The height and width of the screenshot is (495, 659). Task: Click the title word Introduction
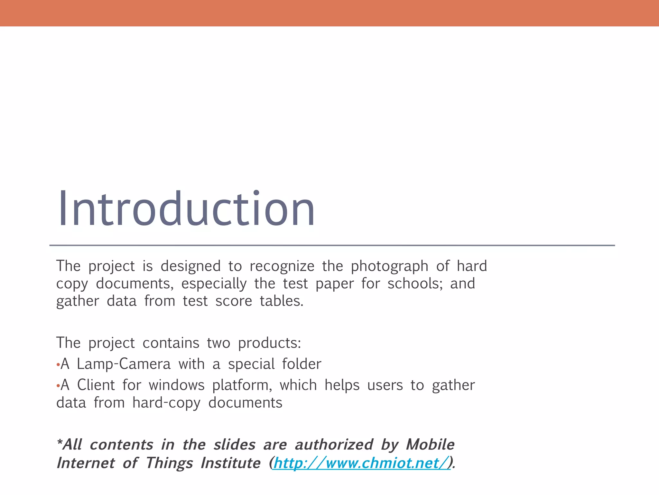pyautogui.click(x=186, y=209)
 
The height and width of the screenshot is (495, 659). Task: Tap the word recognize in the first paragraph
pyautogui.click(x=282, y=267)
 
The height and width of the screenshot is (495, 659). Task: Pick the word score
pyautogui.click(x=234, y=301)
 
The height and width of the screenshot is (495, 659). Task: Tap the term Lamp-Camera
pyautogui.click(x=124, y=364)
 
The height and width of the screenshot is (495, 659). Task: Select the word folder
pyautogui.click(x=302, y=364)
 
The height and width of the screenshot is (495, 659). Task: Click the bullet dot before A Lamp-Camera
pyautogui.click(x=58, y=365)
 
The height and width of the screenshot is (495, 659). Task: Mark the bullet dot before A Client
pyautogui.click(x=58, y=386)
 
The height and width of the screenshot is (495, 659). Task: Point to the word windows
pyautogui.click(x=177, y=385)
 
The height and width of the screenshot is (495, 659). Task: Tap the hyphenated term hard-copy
pyautogui.click(x=166, y=403)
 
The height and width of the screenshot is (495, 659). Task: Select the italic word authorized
pyautogui.click(x=334, y=445)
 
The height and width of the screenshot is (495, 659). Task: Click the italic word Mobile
pyautogui.click(x=430, y=445)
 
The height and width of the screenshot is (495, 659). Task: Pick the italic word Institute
pyautogui.click(x=230, y=463)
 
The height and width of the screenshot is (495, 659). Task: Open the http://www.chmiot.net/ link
pyautogui.click(x=361, y=463)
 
